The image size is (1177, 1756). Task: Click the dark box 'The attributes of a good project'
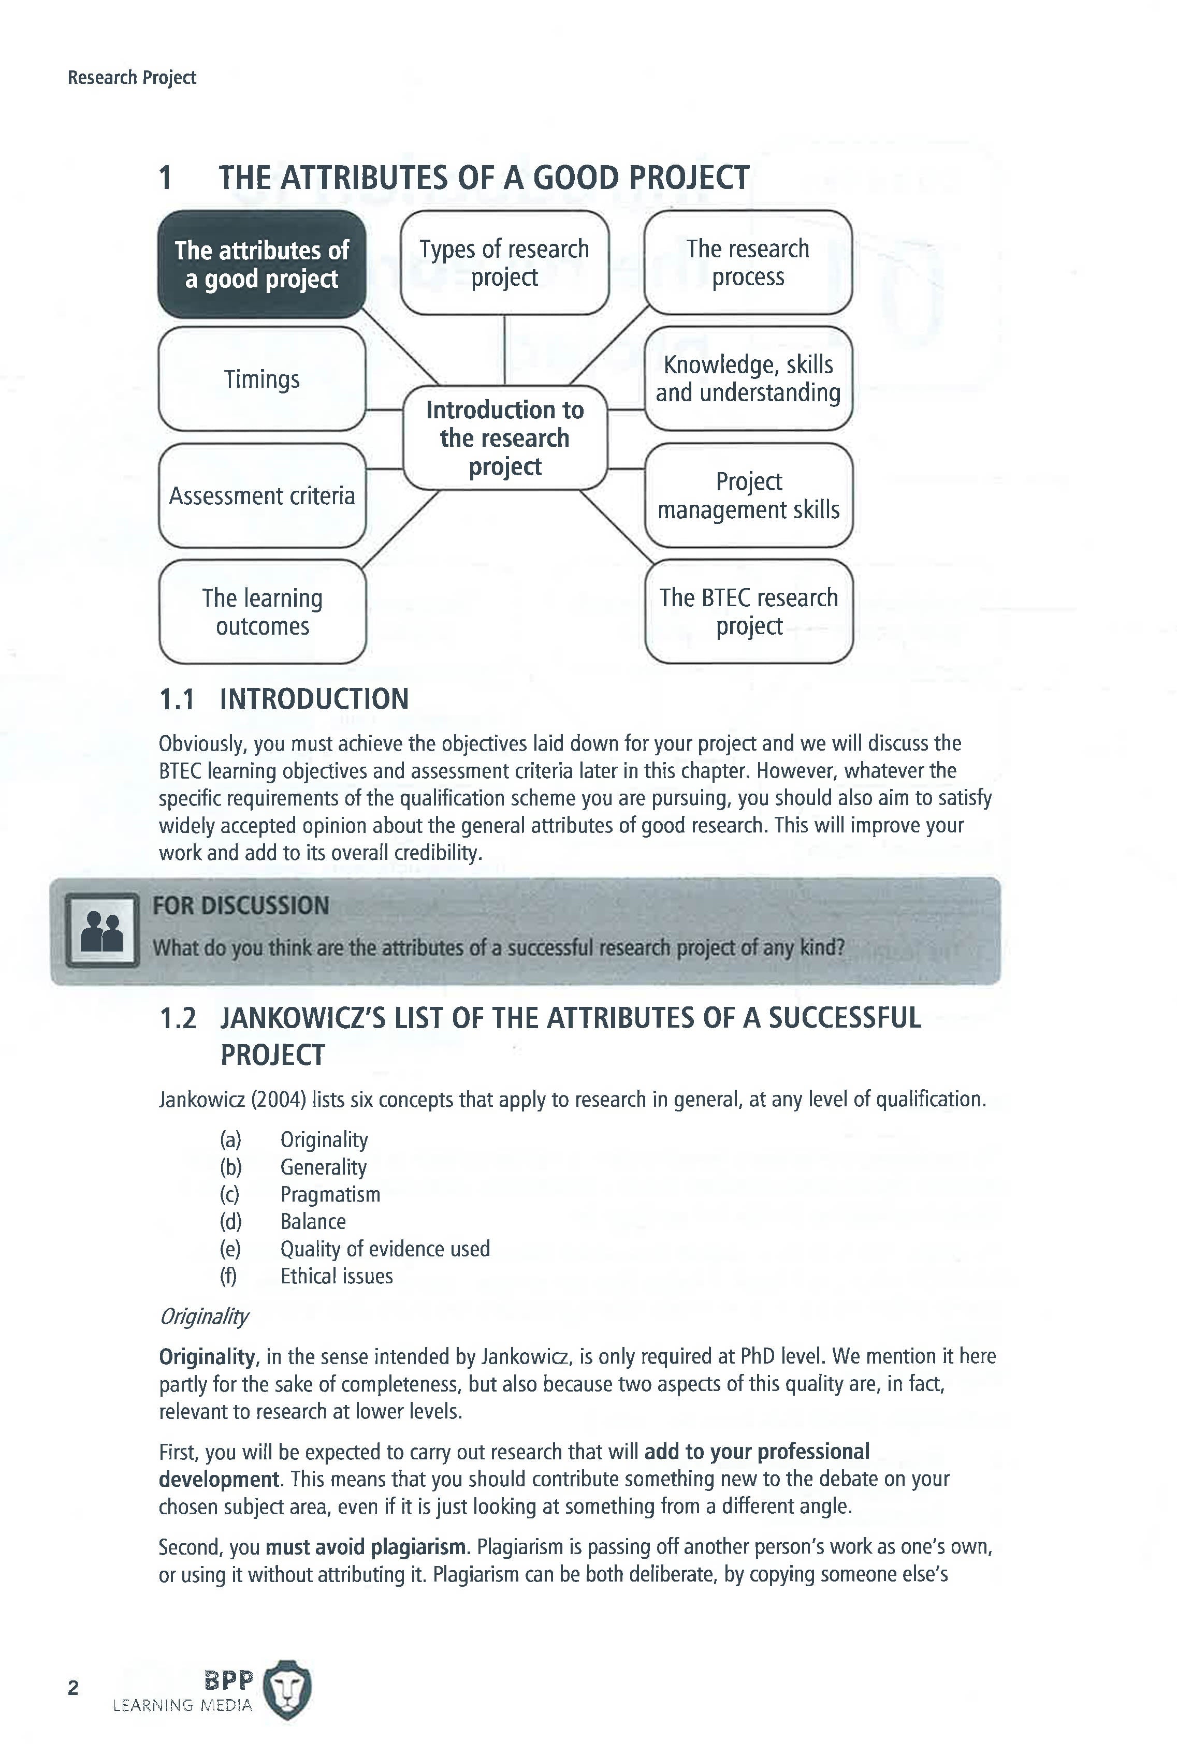[261, 264]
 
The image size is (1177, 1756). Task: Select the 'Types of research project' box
[504, 262]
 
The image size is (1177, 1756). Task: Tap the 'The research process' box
[748, 262]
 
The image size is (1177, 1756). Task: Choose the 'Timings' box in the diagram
[261, 379]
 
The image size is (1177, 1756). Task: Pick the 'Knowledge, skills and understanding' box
[748, 379]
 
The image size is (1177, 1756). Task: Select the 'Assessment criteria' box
[261, 496]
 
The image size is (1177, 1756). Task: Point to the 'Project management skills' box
[748, 495]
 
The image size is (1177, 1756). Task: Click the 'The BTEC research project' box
[748, 611]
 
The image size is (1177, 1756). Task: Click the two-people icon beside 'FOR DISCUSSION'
[102, 930]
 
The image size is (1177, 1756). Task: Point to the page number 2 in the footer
[73, 1688]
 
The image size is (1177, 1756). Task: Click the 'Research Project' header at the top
[132, 77]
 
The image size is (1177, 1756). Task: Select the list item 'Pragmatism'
[330, 1194]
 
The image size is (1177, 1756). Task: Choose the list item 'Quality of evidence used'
[384, 1249]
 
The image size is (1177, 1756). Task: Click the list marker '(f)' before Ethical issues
[228, 1276]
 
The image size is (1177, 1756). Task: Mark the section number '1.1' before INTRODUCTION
[177, 699]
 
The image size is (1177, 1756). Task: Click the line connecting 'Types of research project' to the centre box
[504, 350]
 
